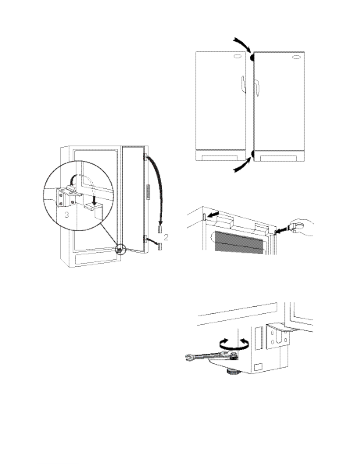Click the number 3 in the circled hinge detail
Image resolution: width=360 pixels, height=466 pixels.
click(x=67, y=215)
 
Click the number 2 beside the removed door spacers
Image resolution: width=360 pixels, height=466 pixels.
click(x=166, y=237)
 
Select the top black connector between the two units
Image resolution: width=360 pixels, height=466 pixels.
click(x=252, y=58)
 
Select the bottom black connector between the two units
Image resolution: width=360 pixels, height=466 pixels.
click(x=252, y=154)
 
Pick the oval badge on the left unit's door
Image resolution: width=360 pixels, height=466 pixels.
click(x=237, y=57)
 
